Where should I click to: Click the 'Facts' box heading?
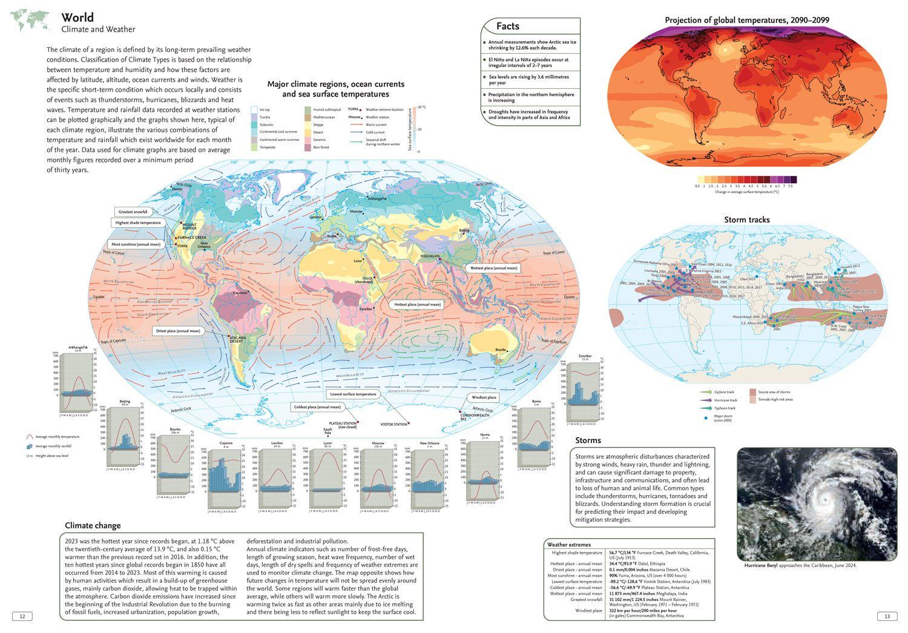click(507, 26)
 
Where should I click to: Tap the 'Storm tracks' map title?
click(747, 219)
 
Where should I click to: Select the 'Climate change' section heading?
click(93, 525)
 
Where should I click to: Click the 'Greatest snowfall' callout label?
click(133, 212)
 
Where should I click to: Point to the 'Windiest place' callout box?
click(484, 397)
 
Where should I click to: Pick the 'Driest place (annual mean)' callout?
click(178, 331)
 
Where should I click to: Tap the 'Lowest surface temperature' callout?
click(354, 394)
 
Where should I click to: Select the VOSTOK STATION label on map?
click(393, 424)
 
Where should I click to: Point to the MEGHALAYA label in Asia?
click(430, 256)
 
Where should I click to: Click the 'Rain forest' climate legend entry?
click(321, 148)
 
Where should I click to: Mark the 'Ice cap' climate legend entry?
click(265, 109)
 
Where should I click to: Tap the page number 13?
click(887, 616)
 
